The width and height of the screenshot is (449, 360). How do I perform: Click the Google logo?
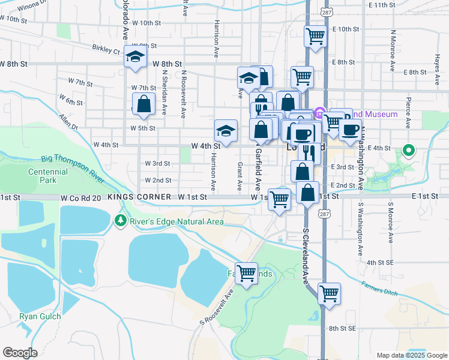pos(20,352)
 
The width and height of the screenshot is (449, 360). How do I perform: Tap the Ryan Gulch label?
pos(37,316)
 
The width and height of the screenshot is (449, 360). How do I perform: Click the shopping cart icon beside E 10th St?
pos(315,36)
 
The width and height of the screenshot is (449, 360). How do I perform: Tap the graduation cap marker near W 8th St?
pos(136,57)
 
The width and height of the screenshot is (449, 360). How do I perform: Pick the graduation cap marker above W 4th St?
pos(226,130)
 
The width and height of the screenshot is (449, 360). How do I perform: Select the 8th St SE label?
pos(343,328)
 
